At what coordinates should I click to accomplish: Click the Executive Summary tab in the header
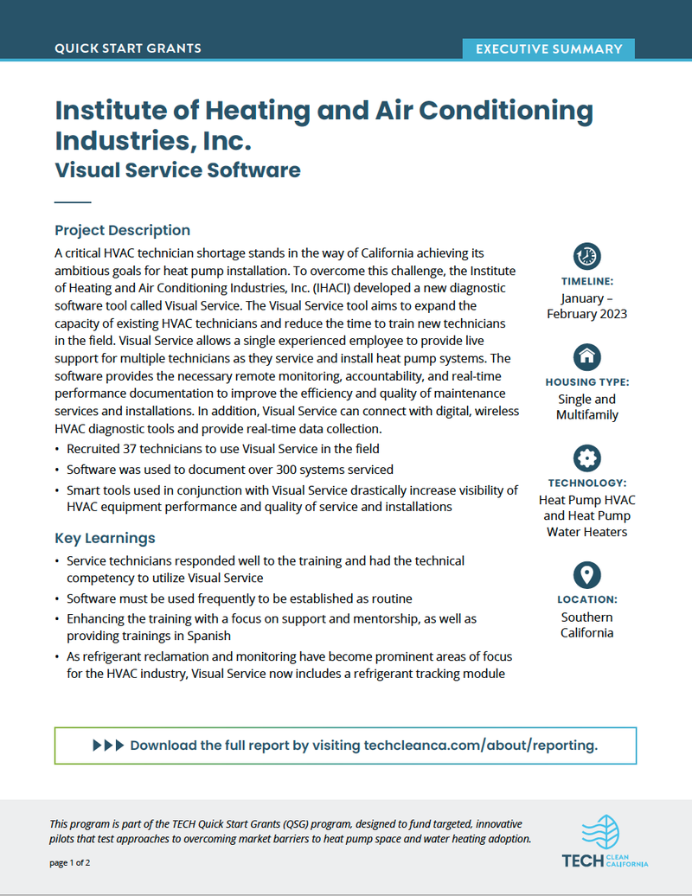tap(548, 49)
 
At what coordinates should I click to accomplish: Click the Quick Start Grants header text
tap(128, 48)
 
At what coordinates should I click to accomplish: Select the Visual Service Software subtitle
tap(177, 170)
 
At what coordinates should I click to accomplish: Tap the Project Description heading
tap(122, 230)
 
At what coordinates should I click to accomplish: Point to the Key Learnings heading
tap(105, 538)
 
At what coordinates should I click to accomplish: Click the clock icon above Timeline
tap(586, 255)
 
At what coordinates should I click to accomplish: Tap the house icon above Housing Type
tap(586, 355)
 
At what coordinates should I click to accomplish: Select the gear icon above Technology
tap(586, 458)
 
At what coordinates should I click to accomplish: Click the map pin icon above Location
tap(586, 574)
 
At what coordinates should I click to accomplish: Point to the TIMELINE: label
tap(586, 281)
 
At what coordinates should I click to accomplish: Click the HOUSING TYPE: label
tap(586, 381)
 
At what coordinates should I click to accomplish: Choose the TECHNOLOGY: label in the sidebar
tap(586, 483)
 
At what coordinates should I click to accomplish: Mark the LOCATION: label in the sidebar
tap(586, 599)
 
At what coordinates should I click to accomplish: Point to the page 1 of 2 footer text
tap(70, 863)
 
